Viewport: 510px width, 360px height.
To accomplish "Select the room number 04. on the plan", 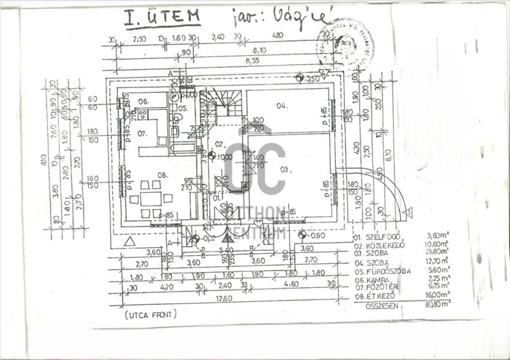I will [x=282, y=106].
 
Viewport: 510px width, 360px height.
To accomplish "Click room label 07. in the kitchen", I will [x=142, y=132].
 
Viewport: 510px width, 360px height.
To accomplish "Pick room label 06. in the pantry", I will [x=143, y=101].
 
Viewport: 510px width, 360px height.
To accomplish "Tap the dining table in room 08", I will [x=152, y=198].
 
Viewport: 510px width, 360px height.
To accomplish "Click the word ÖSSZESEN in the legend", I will [x=383, y=305].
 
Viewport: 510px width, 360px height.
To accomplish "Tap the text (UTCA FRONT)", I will [x=151, y=314].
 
